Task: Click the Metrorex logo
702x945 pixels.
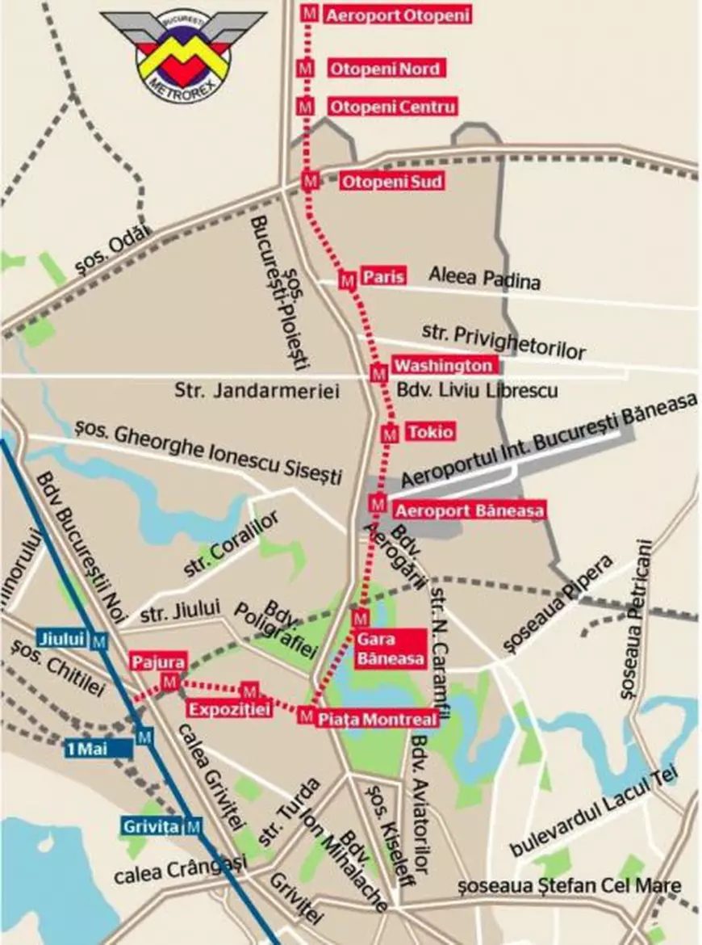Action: tap(183, 52)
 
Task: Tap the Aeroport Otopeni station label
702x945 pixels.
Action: tap(396, 15)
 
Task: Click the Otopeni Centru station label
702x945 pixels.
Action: tap(392, 107)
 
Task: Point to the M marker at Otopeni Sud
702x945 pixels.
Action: tap(309, 182)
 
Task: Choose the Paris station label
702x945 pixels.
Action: tap(382, 276)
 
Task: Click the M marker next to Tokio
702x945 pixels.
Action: tap(390, 435)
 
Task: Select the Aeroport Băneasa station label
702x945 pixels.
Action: tap(469, 510)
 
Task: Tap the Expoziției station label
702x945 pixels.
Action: tap(227, 709)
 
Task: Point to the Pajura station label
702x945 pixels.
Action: tap(157, 661)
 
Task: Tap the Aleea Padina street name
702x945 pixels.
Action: tap(484, 279)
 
